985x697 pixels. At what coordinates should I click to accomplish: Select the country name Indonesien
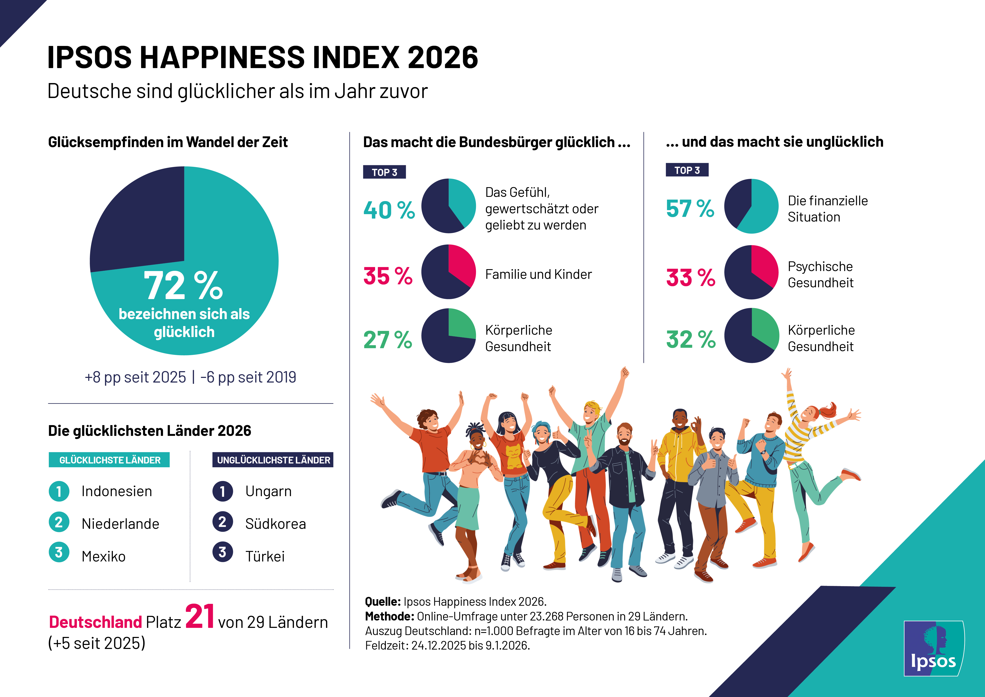pos(117,491)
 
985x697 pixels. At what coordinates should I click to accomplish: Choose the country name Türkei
pos(265,557)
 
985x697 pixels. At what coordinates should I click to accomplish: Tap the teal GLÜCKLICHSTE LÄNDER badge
pos(109,460)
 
